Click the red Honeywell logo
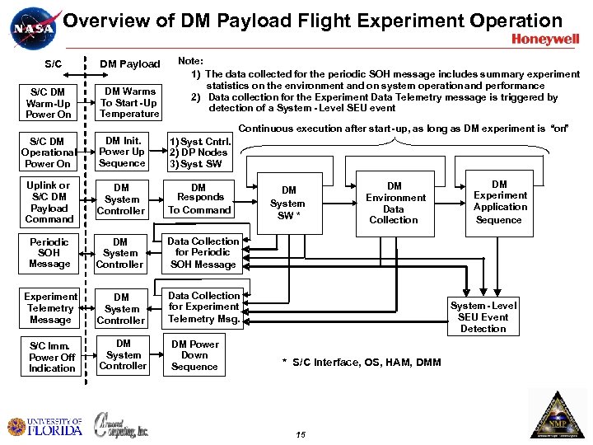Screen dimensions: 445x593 click(x=545, y=39)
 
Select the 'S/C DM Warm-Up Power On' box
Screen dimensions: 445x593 click(x=49, y=104)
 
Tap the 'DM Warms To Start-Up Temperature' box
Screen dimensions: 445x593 click(x=128, y=103)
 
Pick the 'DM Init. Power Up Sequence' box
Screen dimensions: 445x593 click(x=123, y=152)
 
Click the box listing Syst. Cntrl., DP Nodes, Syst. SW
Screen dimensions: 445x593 click(x=198, y=152)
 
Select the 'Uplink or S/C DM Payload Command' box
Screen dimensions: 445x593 click(x=49, y=202)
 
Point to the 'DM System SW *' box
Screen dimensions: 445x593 click(x=287, y=203)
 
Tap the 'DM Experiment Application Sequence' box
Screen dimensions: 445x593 click(x=499, y=202)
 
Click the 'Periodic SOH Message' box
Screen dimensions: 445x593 click(x=49, y=252)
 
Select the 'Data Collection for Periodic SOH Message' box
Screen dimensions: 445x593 click(x=203, y=253)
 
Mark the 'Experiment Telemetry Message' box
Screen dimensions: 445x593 click(x=50, y=308)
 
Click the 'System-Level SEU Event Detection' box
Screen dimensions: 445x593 click(x=483, y=317)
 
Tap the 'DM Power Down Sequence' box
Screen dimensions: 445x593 click(x=194, y=355)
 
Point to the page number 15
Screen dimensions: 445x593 click(x=300, y=434)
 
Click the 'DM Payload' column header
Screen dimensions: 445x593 click(x=130, y=64)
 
